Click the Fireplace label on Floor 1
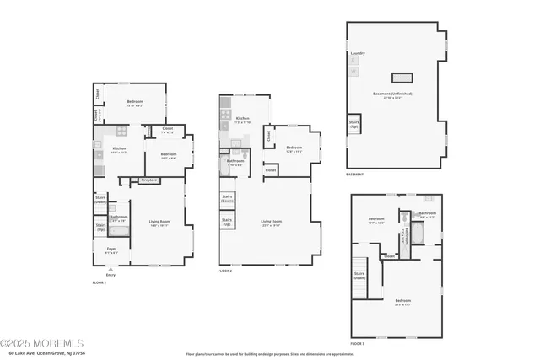(149, 180)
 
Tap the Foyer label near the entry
(111, 250)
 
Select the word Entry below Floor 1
(111, 275)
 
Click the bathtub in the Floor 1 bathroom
(118, 230)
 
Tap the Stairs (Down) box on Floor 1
(100, 200)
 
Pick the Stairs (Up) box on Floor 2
(227, 223)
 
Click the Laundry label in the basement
(358, 53)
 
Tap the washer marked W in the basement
(354, 72)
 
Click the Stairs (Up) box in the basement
(354, 123)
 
